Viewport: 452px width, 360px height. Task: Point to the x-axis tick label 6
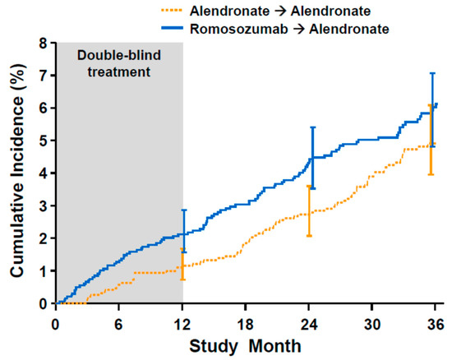[118, 321]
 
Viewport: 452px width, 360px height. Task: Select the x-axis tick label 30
[372, 321]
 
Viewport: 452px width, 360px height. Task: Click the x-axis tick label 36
[435, 321]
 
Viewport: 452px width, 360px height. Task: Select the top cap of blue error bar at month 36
[433, 73]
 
